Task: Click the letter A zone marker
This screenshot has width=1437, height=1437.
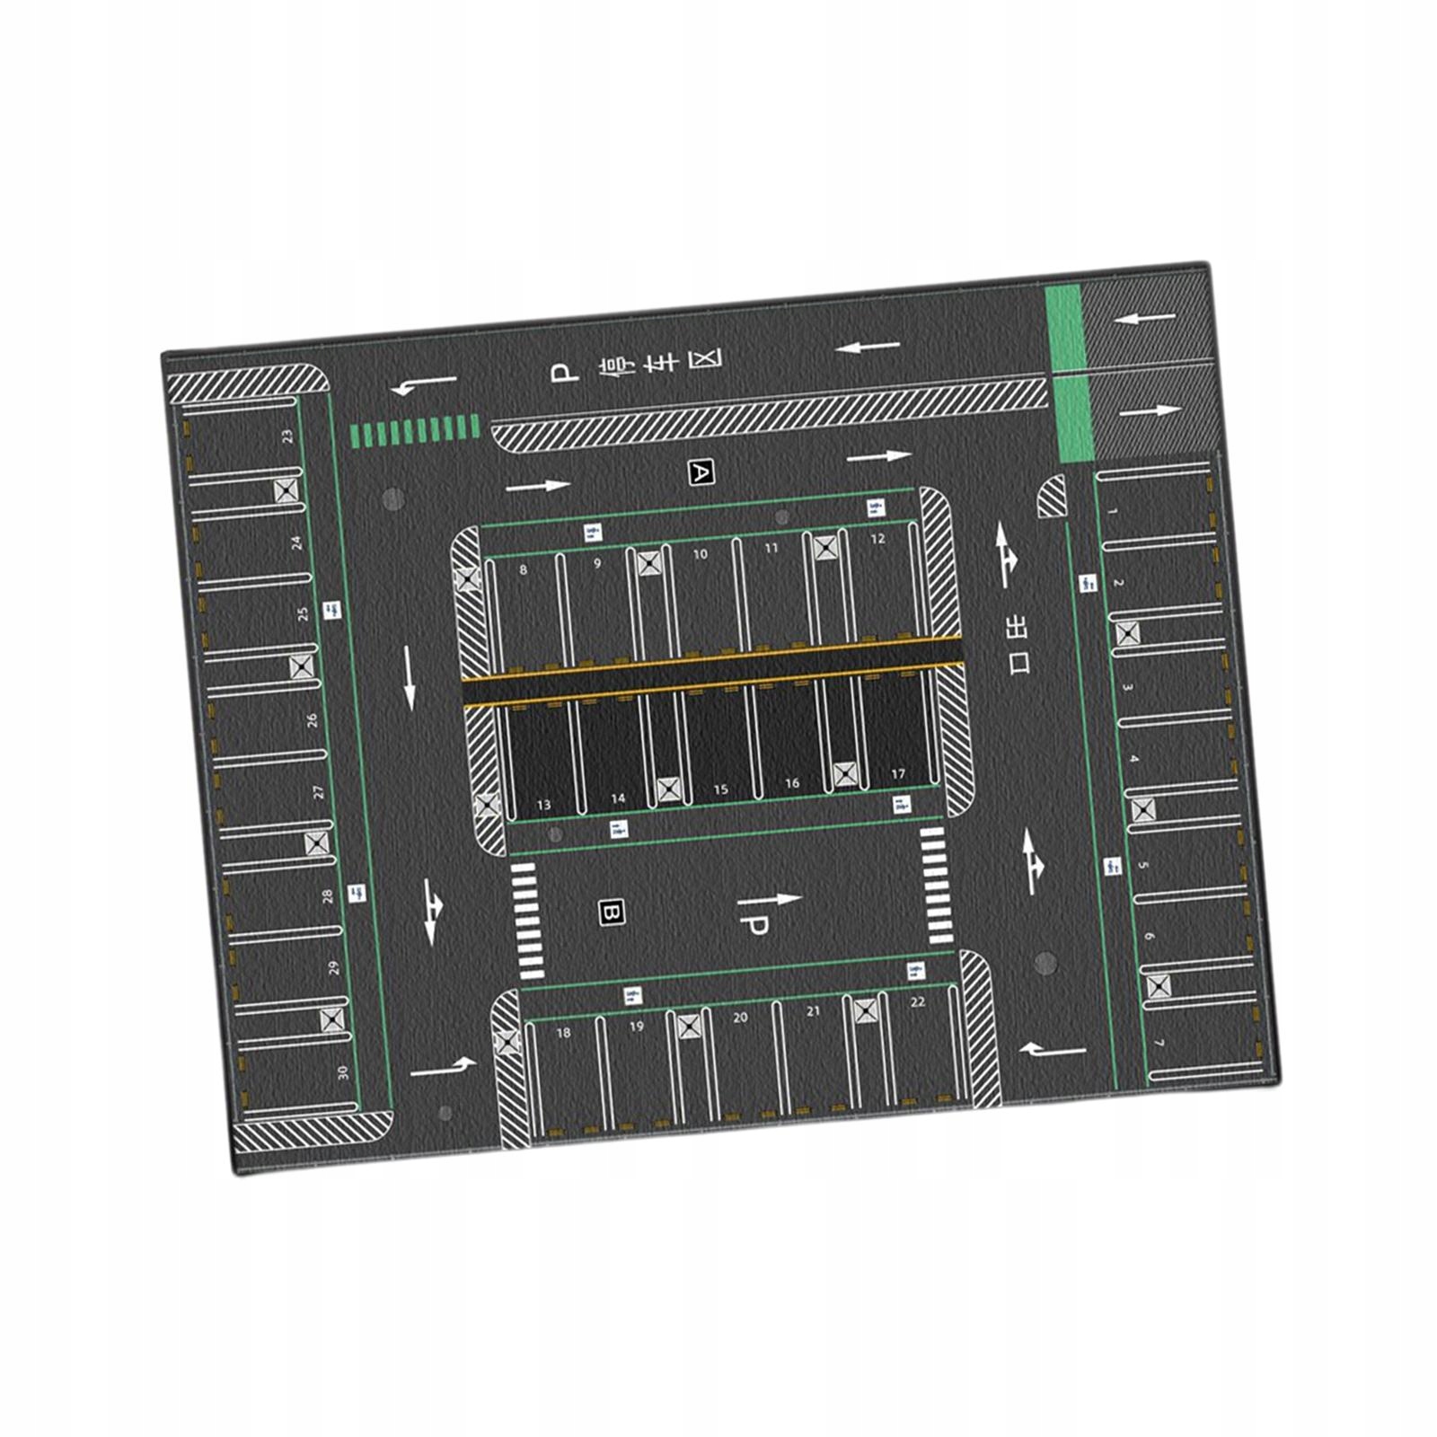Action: coord(700,472)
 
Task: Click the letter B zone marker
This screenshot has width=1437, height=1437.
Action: coord(611,913)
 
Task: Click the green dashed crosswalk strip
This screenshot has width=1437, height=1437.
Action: coord(414,431)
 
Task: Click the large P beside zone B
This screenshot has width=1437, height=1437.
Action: coord(753,928)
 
